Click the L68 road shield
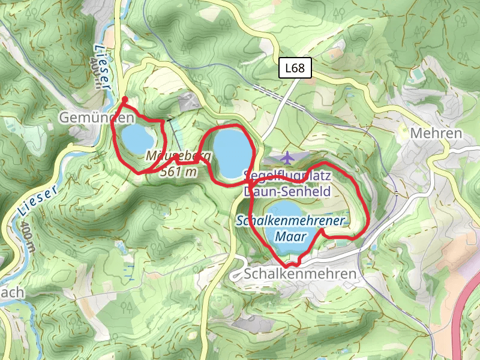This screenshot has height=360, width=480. point(295,68)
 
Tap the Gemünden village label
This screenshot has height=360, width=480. point(96,118)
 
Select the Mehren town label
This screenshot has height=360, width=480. point(436,133)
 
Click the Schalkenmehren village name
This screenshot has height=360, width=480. point(301,274)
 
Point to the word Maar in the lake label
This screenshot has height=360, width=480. point(291,236)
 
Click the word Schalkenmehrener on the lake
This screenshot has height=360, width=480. point(290,221)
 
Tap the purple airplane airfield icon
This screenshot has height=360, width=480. point(288,158)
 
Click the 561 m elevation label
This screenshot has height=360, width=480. point(179,172)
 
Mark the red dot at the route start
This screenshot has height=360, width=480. point(125,100)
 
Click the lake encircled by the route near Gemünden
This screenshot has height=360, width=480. point(137,139)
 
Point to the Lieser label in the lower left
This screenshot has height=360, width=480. point(37,202)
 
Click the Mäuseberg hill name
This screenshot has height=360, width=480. point(179,157)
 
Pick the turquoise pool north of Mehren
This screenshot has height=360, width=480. point(416,74)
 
